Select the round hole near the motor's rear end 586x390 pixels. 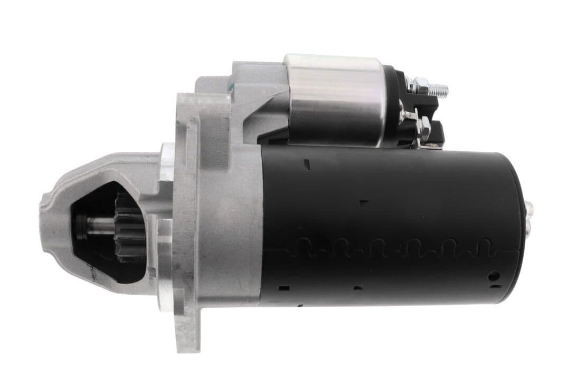click(x=493, y=275)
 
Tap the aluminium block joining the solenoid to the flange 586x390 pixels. click(x=253, y=105)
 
